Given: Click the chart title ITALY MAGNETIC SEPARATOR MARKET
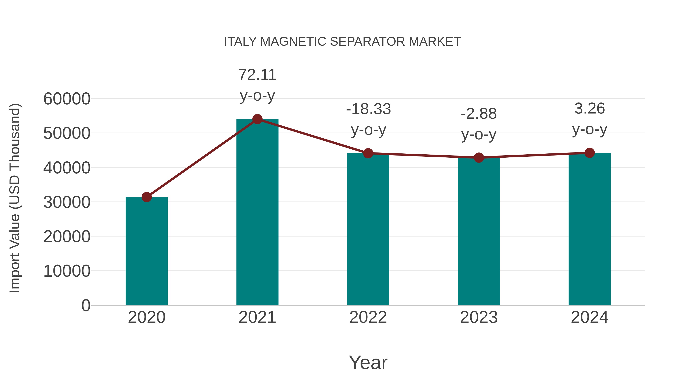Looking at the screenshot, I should coord(342,42).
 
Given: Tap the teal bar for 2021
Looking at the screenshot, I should coord(257,213).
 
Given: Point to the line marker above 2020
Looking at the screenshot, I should coord(147,197).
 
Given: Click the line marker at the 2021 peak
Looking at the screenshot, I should coord(257,119).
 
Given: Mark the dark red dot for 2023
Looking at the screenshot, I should coord(479,158).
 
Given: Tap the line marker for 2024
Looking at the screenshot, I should coord(589,153).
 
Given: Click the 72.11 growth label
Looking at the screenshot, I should coord(257,75).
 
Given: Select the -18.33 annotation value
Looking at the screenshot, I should coord(368,109).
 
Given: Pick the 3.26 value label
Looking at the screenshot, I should coord(589,109).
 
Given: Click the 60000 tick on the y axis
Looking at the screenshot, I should coord(67,99).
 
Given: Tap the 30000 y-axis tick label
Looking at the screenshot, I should coord(67,202).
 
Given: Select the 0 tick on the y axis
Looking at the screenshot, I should coord(86,305).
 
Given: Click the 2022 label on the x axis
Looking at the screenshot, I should coord(368,317).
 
